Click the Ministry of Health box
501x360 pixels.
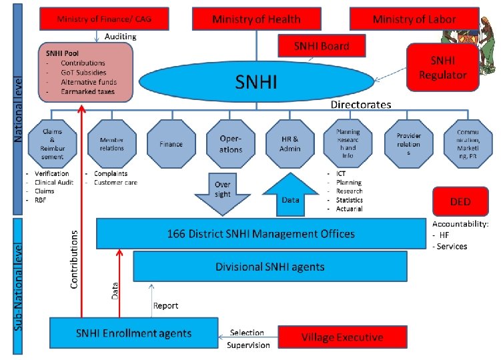256,19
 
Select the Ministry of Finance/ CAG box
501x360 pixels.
104,19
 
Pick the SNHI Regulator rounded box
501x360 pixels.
443,67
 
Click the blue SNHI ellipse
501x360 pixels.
256,83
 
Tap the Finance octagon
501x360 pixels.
171,144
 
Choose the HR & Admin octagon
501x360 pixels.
291,144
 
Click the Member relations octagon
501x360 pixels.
111,144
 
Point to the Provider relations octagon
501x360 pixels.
408,144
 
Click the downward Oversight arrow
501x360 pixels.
223,193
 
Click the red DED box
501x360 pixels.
460,201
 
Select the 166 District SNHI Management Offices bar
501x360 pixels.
261,233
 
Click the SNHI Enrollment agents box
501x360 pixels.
134,333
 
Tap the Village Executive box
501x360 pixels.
342,337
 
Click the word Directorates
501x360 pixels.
361,105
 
